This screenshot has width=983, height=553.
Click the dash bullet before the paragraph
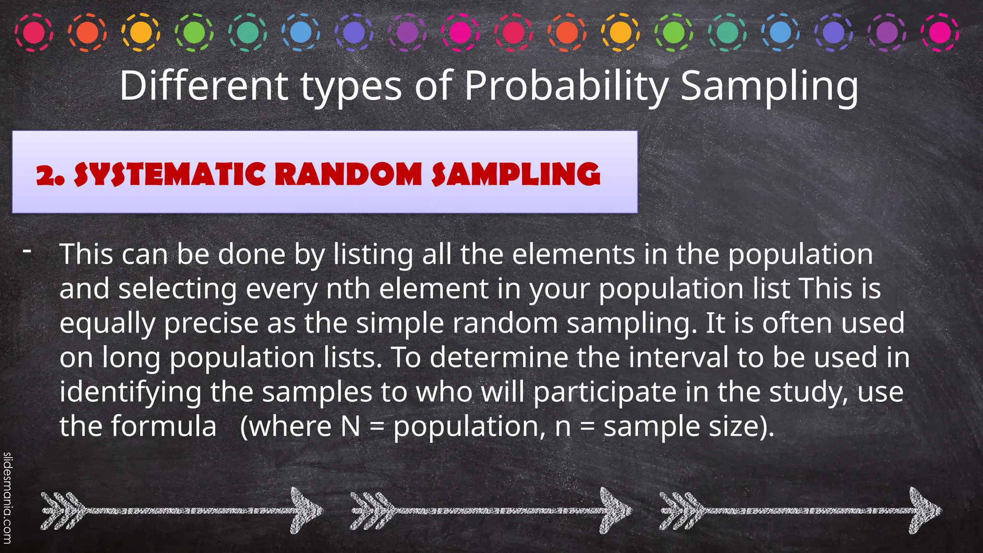point(27,251)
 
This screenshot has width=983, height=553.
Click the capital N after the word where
point(350,426)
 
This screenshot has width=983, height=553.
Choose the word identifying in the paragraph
point(130,392)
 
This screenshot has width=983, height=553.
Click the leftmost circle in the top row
point(34,33)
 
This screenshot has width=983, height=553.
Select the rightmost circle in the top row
point(940,33)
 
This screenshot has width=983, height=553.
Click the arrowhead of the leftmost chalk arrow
point(305,510)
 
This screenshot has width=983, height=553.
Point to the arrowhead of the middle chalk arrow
point(615,510)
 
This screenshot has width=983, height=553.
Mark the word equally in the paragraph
point(108,324)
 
